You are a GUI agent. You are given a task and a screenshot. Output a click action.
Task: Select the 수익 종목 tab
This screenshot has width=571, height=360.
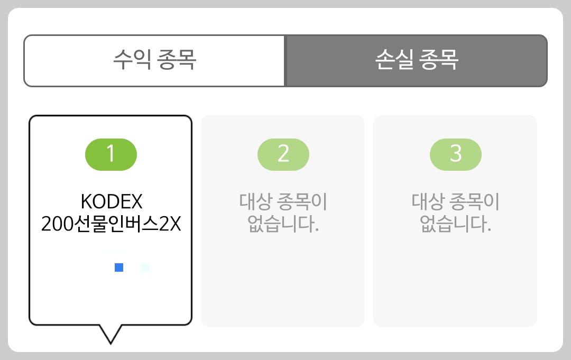pos(154,60)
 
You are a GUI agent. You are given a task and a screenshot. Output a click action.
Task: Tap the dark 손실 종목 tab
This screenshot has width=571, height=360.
pos(416,60)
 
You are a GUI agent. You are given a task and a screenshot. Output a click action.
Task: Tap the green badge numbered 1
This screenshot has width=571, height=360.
pos(111,154)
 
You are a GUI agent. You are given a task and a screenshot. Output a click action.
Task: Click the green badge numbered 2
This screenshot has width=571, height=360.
pos(283,154)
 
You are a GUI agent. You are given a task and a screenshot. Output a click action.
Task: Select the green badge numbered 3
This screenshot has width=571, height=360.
pos(456,154)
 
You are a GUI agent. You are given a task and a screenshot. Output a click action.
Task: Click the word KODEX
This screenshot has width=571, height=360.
pos(112,201)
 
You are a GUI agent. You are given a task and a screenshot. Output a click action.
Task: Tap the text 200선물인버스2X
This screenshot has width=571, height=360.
pos(111,225)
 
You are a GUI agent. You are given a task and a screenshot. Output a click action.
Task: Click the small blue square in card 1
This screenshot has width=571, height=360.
pos(119,267)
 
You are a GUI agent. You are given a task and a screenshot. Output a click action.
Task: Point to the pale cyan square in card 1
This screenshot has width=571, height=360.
pos(145,267)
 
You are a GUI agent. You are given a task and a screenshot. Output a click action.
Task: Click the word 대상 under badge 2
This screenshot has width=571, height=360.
pos(256,201)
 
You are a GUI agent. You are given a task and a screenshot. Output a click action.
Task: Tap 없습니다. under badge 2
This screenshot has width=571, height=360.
pos(283,225)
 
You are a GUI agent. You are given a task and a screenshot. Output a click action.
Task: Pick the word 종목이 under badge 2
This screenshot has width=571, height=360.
pos(306,201)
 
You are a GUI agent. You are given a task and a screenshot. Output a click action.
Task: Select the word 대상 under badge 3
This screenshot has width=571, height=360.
pos(428,201)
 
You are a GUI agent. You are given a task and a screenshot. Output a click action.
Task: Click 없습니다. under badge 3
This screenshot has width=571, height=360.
pos(456,225)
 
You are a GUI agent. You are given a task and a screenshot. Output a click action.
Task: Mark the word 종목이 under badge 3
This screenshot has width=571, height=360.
pos(478,201)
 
